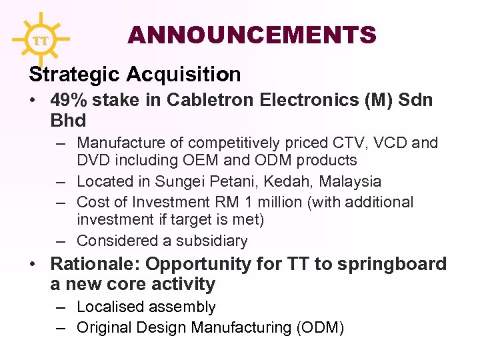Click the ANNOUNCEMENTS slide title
252,35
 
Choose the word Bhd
68,121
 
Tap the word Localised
110,307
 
